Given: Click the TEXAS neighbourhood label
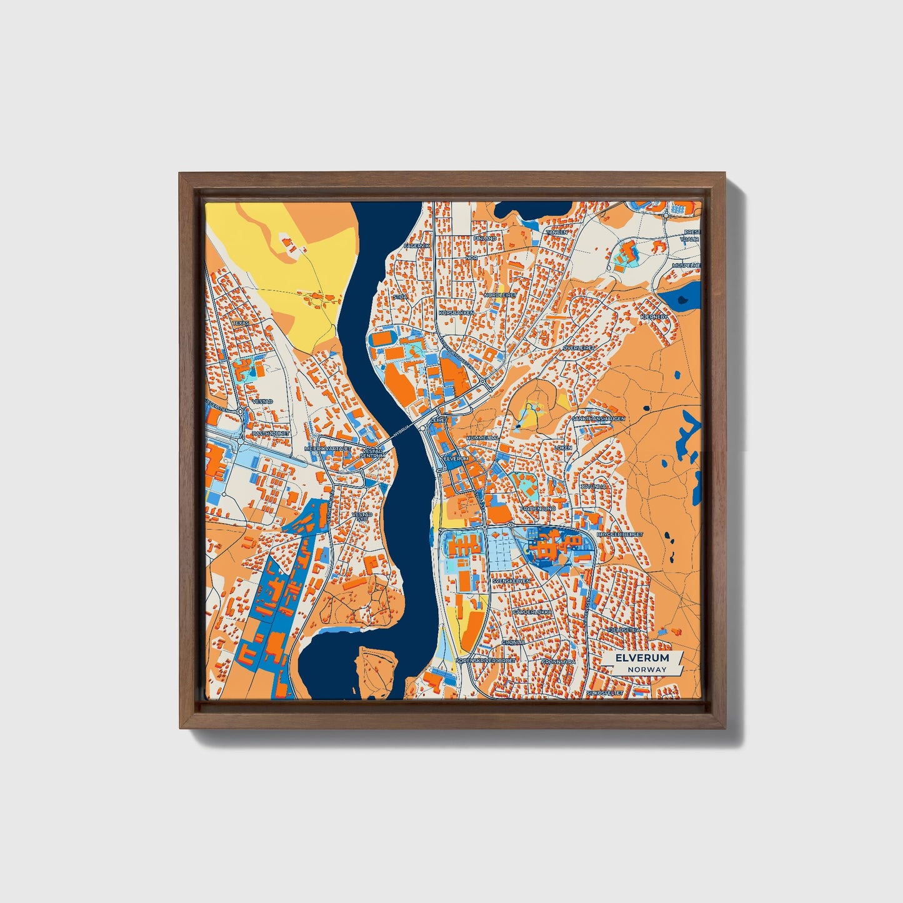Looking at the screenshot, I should point(241,323).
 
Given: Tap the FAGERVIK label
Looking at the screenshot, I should point(417,246).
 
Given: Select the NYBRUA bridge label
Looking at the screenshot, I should point(402,431).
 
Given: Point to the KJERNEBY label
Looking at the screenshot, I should point(654,317).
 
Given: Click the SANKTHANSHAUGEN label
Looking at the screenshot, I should point(599,419).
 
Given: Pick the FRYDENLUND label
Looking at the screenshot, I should point(537,509).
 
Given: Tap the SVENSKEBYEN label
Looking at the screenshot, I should point(511,581).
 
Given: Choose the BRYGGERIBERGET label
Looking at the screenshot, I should point(620,535).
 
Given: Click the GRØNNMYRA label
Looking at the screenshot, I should point(558,661).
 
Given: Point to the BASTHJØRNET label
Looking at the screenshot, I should point(270,433).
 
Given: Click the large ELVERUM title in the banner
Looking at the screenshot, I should point(642,658).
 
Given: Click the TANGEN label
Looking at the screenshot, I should point(557,232).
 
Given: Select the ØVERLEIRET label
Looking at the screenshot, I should point(577,347).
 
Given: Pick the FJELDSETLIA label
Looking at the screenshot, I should point(624,631).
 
